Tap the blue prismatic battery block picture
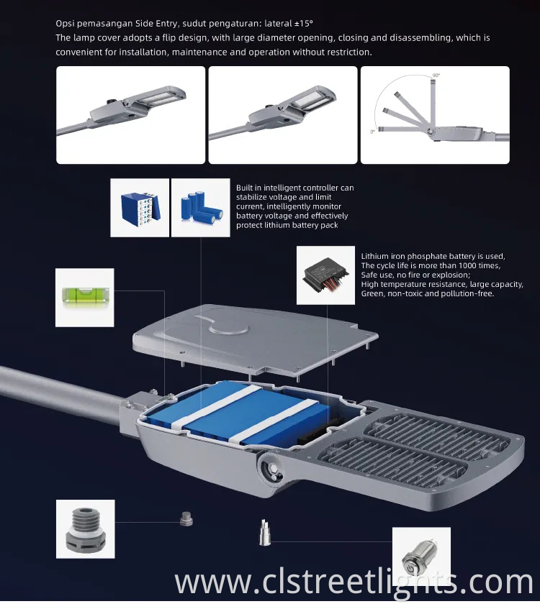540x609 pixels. pos(140,208)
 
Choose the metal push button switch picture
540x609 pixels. pos(421,556)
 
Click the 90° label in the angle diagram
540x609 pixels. pos(436,75)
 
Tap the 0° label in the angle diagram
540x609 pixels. pos(372,132)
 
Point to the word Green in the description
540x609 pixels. pos(373,294)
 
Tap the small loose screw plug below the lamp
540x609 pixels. pos(186,519)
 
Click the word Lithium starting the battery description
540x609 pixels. pos(376,257)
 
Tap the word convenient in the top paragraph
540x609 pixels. pos(80,51)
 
